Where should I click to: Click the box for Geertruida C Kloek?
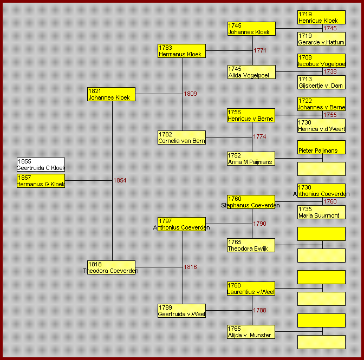click(41, 165)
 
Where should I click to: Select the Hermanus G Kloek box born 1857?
click(41, 181)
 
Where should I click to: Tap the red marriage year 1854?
click(120, 180)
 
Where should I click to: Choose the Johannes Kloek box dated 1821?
click(111, 94)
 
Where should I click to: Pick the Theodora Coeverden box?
click(111, 267)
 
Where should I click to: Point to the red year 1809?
click(190, 94)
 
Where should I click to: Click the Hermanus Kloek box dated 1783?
click(181, 51)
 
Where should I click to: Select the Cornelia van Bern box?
click(181, 138)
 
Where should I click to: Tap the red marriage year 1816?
click(190, 267)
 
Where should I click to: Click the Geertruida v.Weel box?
click(181, 311)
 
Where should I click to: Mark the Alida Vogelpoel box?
click(251, 72)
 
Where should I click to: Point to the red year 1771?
click(260, 50)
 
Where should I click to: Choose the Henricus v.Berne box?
click(251, 115)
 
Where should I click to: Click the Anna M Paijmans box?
click(251, 159)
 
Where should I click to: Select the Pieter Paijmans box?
click(322, 147)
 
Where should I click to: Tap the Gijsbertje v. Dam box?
click(322, 82)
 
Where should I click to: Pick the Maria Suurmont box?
click(322, 212)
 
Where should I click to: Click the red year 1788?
click(259, 310)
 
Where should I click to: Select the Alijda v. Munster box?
click(251, 332)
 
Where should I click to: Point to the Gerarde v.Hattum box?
click(322, 39)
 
